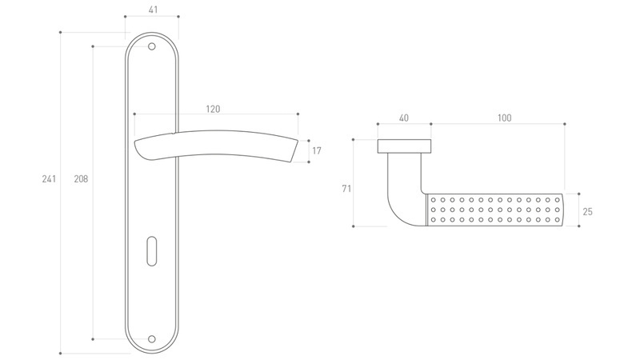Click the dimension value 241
click(49, 178)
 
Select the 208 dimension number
click(81, 178)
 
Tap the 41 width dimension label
click(153, 10)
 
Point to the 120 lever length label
click(213, 109)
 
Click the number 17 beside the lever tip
click(317, 150)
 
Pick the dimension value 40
click(404, 118)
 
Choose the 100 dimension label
click(505, 118)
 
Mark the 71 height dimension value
click(346, 189)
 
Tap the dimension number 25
click(587, 211)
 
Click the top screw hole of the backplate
click(151, 46)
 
